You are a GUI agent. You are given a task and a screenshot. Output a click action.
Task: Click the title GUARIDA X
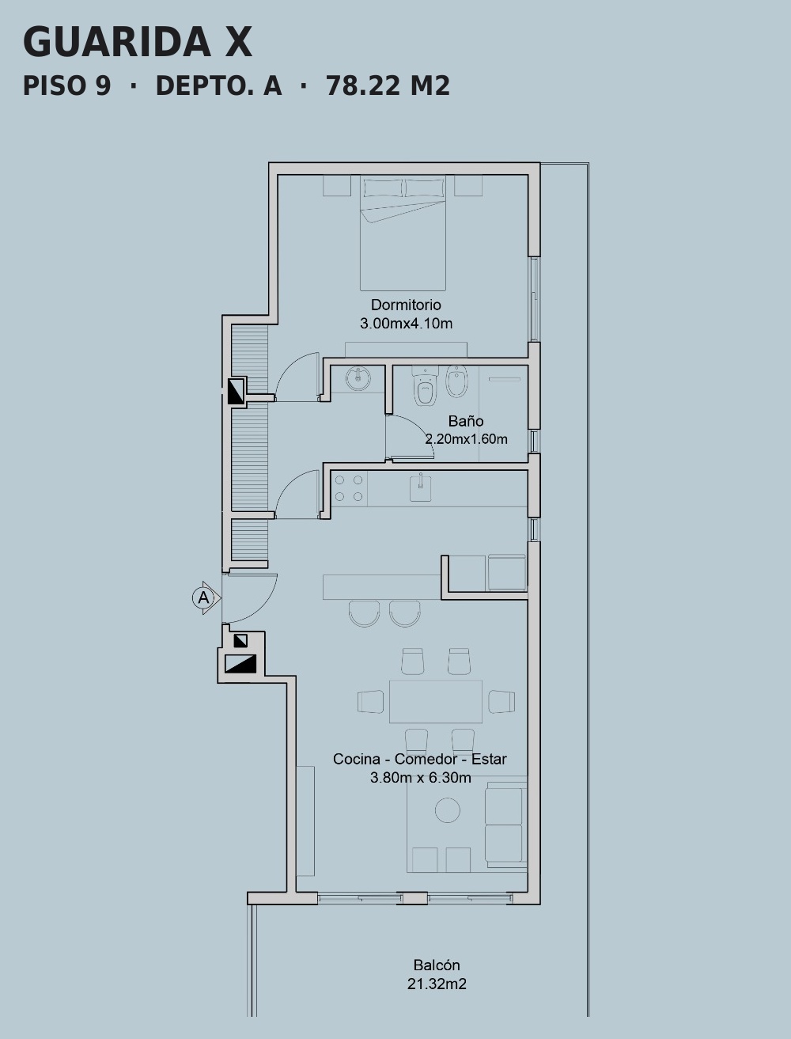(x=137, y=43)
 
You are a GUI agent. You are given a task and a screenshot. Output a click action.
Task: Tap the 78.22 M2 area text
(x=388, y=86)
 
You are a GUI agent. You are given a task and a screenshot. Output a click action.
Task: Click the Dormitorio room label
(x=406, y=305)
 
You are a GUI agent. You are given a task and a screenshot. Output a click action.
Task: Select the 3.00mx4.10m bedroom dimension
(x=406, y=324)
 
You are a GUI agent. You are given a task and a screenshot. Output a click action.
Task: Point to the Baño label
(x=466, y=421)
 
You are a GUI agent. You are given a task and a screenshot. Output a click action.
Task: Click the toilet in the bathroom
(x=426, y=385)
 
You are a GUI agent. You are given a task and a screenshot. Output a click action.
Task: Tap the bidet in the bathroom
(x=456, y=381)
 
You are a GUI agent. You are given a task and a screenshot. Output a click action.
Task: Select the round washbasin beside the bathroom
(x=358, y=378)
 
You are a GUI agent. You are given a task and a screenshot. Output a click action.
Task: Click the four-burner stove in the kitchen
(x=349, y=488)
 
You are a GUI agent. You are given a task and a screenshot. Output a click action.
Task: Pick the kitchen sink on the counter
(x=420, y=487)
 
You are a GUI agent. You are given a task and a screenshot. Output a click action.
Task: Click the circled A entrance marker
(x=203, y=597)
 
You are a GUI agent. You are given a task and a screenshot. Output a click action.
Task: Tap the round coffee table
(x=447, y=810)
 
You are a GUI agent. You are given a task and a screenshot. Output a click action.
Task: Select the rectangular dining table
(x=435, y=701)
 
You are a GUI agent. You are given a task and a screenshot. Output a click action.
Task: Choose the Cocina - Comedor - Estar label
(x=420, y=759)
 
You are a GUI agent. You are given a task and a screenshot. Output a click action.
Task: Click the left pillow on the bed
(x=383, y=188)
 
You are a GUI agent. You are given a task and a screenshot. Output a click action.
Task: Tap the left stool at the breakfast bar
(x=365, y=613)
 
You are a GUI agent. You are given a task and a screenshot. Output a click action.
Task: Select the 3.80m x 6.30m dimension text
(x=421, y=778)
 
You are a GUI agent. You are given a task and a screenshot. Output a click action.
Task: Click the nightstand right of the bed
(x=468, y=185)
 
